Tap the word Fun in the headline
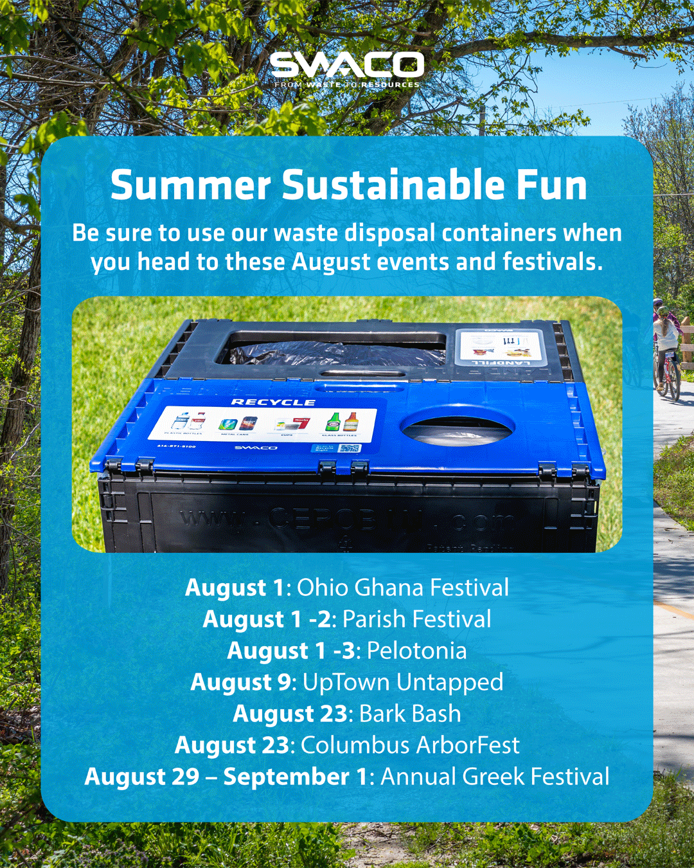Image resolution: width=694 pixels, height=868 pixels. [x=551, y=186]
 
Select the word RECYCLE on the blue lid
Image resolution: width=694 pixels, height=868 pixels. [x=273, y=402]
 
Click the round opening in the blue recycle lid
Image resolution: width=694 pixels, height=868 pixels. [x=458, y=426]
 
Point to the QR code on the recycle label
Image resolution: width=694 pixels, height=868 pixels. [x=350, y=448]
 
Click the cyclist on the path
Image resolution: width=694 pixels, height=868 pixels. [x=666, y=350]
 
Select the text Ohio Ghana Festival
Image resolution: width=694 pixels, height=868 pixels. [x=403, y=588]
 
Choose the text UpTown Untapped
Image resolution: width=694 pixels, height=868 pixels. [x=403, y=682]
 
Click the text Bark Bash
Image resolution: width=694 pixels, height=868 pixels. [x=410, y=714]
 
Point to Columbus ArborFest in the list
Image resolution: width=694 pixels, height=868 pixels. [x=410, y=745]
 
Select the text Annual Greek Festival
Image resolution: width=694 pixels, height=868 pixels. [x=495, y=777]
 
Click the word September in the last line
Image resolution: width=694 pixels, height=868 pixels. [x=287, y=777]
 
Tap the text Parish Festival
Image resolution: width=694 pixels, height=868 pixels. [x=416, y=619]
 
